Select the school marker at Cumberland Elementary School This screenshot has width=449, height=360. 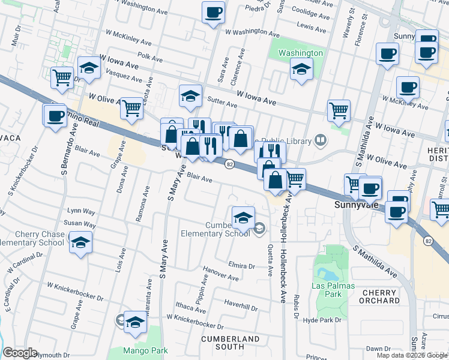pos(243,219)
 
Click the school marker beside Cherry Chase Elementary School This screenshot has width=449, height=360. pos(80,243)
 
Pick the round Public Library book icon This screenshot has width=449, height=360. pos(321,141)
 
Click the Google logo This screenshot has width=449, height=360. pos(20,353)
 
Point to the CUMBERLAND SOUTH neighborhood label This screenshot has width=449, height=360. pos(230,343)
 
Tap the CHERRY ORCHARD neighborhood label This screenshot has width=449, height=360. pos(381,296)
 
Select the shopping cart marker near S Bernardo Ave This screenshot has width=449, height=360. pos(62,77)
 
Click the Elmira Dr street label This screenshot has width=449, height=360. pos(243,264)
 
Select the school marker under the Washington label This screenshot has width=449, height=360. pos(301,68)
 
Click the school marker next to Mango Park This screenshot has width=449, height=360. pos(135,322)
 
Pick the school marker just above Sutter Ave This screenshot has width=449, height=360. pos(190,96)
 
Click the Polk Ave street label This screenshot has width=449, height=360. pos(150,59)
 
